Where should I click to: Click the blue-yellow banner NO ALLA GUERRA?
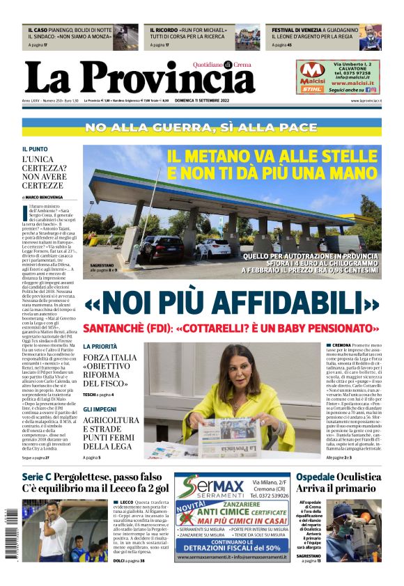pos(202,127)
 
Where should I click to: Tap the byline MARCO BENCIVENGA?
pos(43,197)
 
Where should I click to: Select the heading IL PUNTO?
pos(35,149)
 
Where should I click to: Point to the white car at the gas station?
pos(215,246)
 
